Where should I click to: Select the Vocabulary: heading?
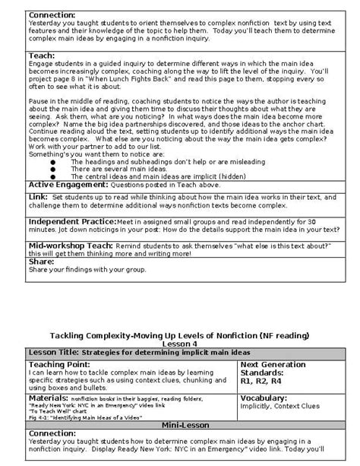[x=269, y=398]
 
